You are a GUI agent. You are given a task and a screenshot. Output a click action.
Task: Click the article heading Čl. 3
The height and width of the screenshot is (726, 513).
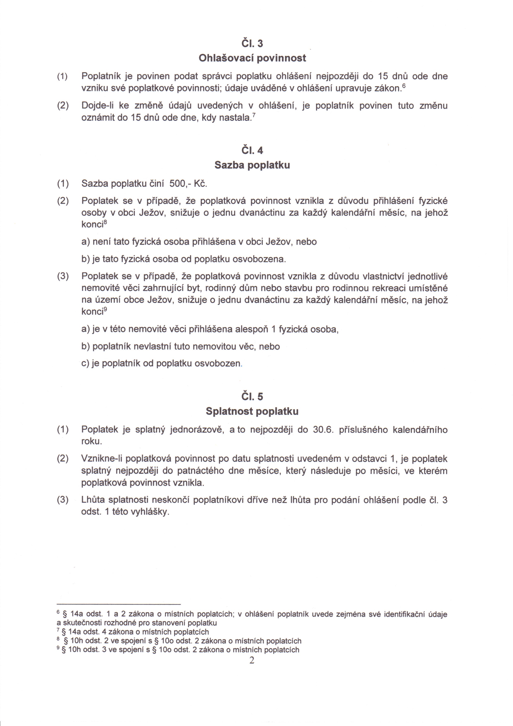click(x=252, y=43)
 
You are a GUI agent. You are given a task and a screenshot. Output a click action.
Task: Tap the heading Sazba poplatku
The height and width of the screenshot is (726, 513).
click(x=252, y=165)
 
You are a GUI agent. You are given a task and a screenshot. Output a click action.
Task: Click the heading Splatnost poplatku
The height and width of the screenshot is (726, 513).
click(x=252, y=411)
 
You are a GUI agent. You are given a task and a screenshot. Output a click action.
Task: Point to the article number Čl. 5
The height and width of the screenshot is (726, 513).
click(x=252, y=397)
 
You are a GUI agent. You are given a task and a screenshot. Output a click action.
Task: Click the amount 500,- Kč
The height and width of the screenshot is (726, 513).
click(x=188, y=183)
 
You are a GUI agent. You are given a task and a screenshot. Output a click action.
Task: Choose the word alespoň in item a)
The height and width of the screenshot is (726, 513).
click(x=251, y=329)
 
